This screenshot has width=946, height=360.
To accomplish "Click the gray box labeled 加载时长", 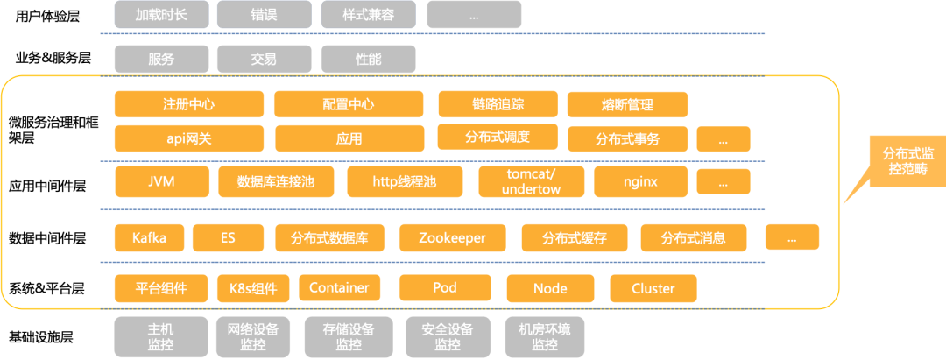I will (x=162, y=15).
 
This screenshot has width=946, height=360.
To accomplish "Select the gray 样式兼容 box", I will (x=367, y=15).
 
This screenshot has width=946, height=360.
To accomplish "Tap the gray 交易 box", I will (x=264, y=59).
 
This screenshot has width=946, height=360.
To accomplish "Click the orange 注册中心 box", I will (x=188, y=104).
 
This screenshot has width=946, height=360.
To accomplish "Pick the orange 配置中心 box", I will (x=349, y=104).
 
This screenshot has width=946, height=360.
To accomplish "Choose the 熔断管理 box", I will (x=627, y=105).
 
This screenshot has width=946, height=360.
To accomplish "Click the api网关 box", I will (x=188, y=138).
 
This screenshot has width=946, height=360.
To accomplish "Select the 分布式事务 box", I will (x=627, y=139).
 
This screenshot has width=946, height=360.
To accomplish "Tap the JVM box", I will (x=162, y=182).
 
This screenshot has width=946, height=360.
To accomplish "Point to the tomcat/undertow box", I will (x=531, y=182).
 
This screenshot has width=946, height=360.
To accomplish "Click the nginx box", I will (x=640, y=182).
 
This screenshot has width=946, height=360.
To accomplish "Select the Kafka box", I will (x=149, y=237).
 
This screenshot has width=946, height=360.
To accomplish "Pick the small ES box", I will (x=228, y=237).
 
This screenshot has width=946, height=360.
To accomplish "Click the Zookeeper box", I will (x=452, y=237).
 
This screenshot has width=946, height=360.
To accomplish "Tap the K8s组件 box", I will (x=253, y=288).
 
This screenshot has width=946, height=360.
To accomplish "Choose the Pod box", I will (x=445, y=288).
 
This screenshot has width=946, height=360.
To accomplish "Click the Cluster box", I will (x=653, y=288).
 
